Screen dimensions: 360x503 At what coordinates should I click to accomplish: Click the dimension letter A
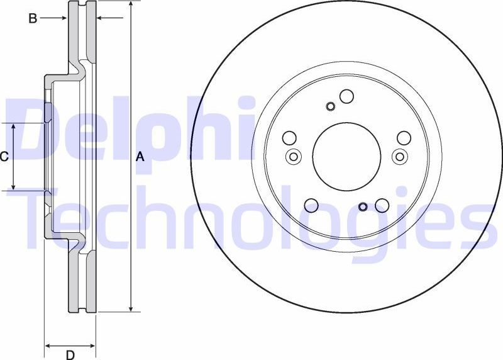pos(140,157)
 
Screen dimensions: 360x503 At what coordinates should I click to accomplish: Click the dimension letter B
pos(33,18)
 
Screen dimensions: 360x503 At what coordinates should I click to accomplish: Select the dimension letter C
pos(4,157)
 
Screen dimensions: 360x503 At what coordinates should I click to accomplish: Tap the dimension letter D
pos(70,354)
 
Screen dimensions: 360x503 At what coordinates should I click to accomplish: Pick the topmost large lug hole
pos(346,96)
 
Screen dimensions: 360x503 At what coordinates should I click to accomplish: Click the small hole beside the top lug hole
pos(331,106)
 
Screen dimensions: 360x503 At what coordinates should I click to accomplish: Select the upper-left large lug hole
pos(289,138)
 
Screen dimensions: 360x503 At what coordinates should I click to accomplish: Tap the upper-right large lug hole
pos(404,138)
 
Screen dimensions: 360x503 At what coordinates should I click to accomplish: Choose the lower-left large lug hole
pos(311,205)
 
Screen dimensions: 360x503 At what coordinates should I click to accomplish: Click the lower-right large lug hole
pos(382,205)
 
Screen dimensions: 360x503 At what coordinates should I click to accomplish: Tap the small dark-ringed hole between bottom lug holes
pos(363,206)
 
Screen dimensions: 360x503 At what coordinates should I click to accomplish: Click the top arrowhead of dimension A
pos(131,5)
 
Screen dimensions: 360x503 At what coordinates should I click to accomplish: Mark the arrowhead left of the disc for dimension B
pos(63,18)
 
